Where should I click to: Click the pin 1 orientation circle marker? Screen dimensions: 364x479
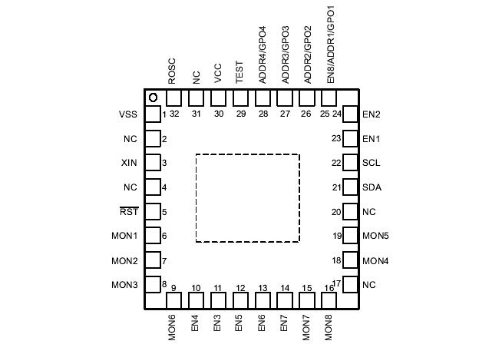click(x=154, y=98)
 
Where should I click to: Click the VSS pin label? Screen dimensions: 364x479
click(x=128, y=115)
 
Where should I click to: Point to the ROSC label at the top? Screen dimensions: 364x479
click(x=172, y=71)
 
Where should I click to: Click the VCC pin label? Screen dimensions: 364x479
click(x=218, y=73)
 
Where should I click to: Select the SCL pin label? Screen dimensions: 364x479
click(x=372, y=164)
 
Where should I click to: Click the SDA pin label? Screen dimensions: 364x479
click(x=372, y=187)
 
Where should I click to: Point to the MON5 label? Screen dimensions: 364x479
click(x=375, y=237)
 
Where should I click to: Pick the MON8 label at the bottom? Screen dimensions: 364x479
click(x=329, y=328)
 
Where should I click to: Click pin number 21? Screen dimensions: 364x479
click(x=336, y=187)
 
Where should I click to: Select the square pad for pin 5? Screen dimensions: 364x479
click(x=153, y=212)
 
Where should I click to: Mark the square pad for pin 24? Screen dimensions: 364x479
click(x=350, y=115)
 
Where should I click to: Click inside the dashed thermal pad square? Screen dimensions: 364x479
click(x=247, y=198)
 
